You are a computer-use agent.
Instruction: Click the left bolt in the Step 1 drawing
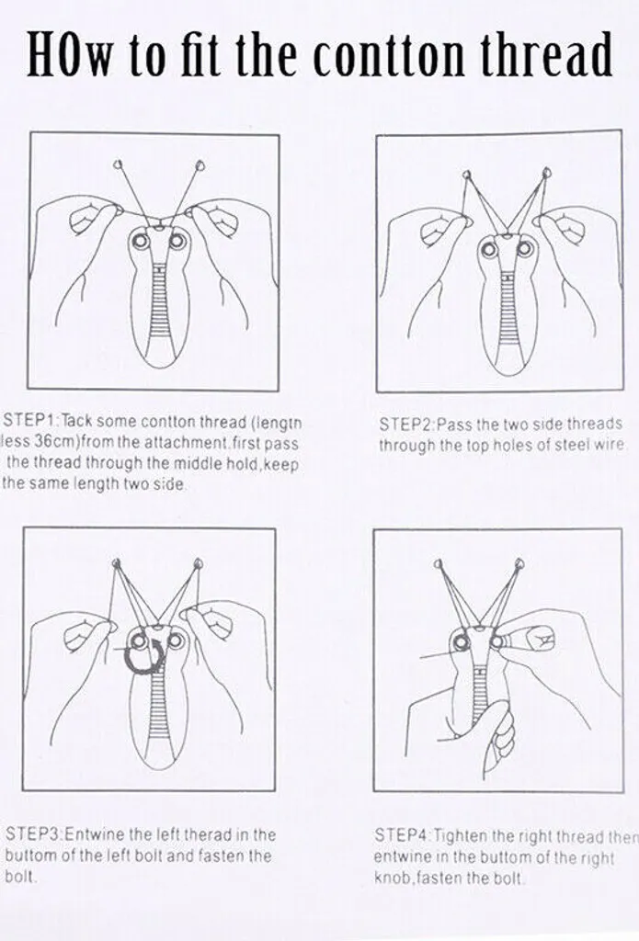(143, 242)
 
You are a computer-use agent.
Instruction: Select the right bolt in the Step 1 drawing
(177, 242)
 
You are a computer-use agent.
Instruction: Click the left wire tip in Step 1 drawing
(119, 164)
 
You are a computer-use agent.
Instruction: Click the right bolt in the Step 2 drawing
(526, 248)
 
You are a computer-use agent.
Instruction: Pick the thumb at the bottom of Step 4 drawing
(499, 735)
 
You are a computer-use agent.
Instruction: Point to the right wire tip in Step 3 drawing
(198, 563)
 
